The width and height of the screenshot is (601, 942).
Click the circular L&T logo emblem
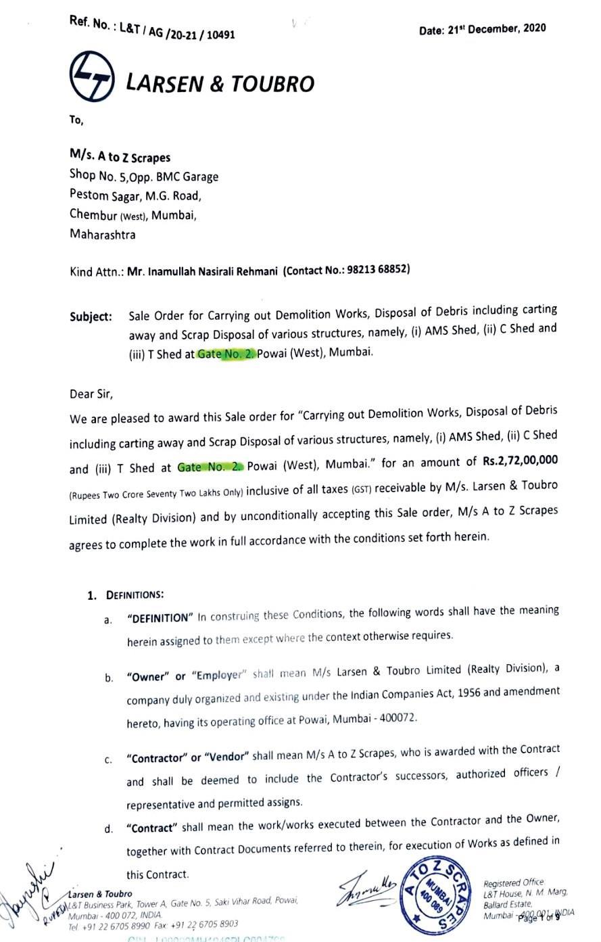coord(92,77)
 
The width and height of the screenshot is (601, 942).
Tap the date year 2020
coord(533,28)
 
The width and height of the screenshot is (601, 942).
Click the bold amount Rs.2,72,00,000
coord(520,461)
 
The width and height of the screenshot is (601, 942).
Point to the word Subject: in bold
coord(91,316)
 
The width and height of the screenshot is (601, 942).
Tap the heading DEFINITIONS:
coord(135,595)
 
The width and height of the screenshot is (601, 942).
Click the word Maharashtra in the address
coord(102,235)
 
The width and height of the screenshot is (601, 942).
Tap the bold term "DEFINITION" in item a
coord(160,617)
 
